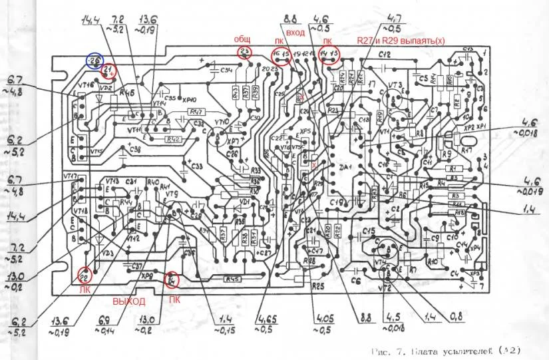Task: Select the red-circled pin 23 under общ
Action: [245, 52]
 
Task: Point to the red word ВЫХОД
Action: [128, 301]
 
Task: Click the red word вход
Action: [295, 33]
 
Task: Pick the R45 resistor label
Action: [232, 279]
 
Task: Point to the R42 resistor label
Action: [174, 139]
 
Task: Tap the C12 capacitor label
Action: [385, 53]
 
